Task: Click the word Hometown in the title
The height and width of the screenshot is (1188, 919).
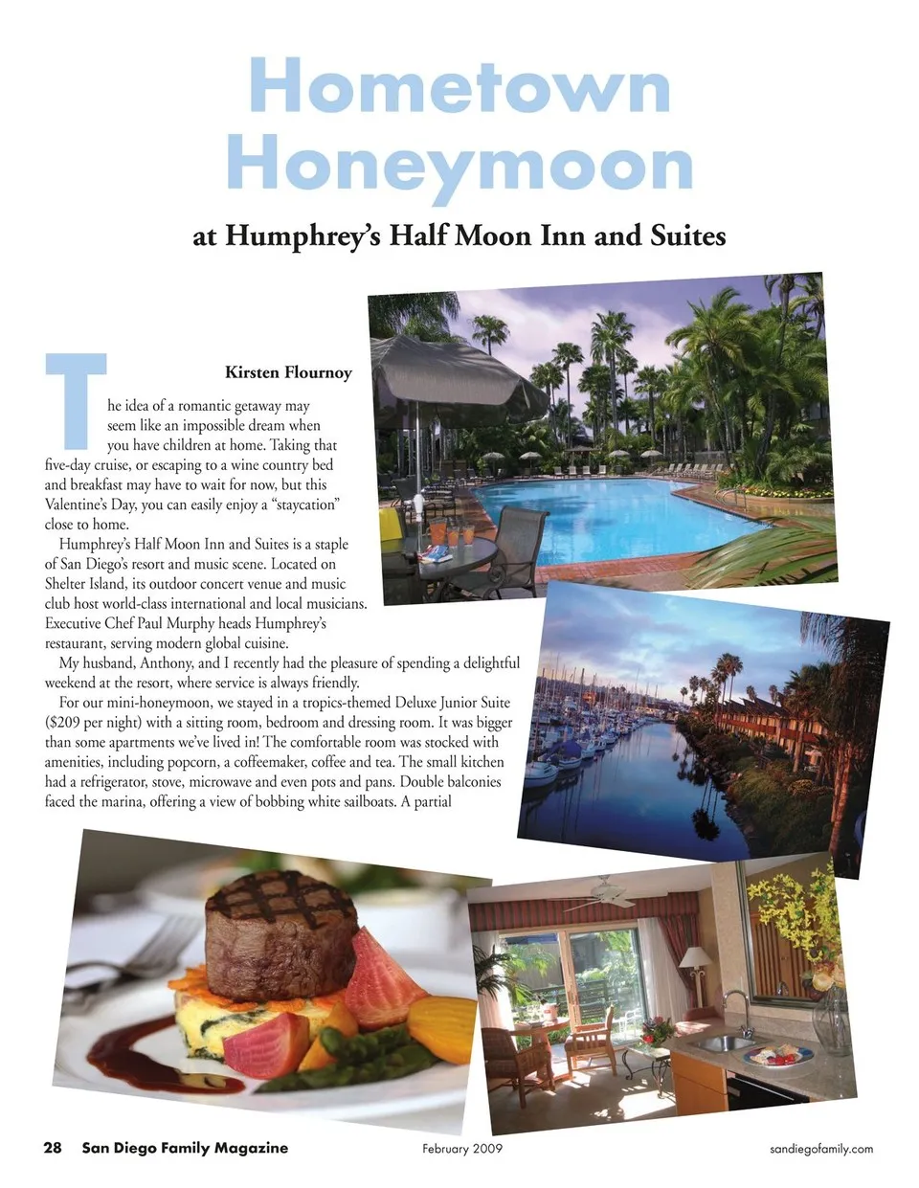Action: [459, 86]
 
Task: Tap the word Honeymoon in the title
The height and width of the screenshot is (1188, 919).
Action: [459, 165]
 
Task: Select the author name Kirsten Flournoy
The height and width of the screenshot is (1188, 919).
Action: [288, 372]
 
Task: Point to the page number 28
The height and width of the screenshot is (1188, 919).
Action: [53, 1148]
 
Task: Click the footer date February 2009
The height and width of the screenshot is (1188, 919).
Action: [462, 1149]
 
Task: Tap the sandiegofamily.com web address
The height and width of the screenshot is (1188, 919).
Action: [821, 1149]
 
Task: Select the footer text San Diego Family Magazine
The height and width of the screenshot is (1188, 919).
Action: [185, 1148]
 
